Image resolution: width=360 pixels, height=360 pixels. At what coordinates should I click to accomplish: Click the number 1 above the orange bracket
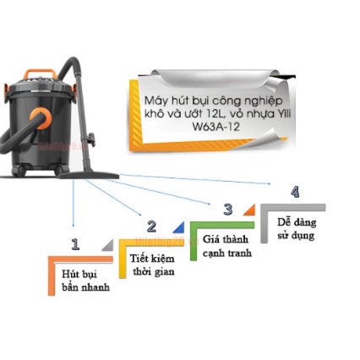tap(75, 244)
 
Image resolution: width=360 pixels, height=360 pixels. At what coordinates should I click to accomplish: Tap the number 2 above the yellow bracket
tap(151, 226)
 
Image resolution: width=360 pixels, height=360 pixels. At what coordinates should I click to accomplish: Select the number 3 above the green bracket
tap(228, 210)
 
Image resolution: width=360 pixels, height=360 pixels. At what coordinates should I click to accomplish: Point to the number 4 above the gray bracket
tap(295, 192)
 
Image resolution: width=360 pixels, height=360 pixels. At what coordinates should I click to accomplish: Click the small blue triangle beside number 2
tap(180, 228)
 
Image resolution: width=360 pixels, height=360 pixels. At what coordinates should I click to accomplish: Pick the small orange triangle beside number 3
tap(251, 210)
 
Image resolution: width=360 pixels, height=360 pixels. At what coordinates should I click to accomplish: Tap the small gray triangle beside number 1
tap(109, 246)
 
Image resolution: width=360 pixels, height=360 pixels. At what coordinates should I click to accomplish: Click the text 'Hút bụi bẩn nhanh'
tap(85, 281)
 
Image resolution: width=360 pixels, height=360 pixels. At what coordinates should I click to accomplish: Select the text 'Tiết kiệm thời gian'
tap(152, 265)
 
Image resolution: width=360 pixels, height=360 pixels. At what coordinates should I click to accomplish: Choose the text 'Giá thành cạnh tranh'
tap(227, 246)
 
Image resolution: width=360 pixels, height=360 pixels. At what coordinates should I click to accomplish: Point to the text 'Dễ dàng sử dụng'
tap(297, 228)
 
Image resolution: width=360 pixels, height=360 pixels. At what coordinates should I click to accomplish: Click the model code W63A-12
tap(216, 127)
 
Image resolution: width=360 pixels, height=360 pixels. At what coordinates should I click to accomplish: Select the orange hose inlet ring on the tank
tap(41, 118)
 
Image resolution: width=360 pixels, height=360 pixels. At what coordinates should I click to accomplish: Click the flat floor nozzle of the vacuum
tap(89, 176)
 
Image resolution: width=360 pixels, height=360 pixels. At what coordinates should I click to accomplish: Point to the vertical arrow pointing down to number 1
tap(74, 203)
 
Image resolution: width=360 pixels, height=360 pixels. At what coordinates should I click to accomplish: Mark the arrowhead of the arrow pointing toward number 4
tap(269, 183)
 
